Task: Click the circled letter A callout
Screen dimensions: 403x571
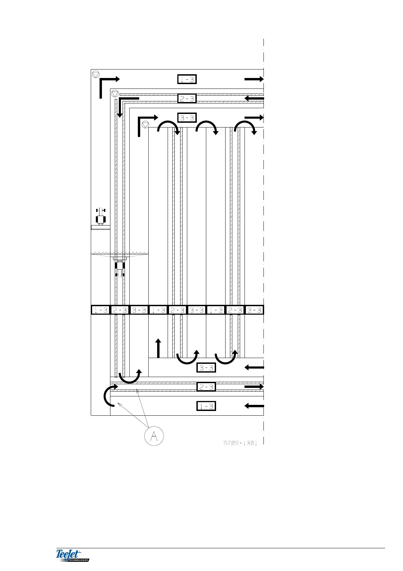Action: click(x=154, y=436)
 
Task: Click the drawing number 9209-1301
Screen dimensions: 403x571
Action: click(x=240, y=443)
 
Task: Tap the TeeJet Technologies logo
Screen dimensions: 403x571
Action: click(x=72, y=555)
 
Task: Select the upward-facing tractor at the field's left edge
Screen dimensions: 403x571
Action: click(x=101, y=217)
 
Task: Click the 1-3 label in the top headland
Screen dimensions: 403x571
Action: click(x=187, y=79)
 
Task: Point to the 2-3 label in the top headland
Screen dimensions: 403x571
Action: click(x=187, y=99)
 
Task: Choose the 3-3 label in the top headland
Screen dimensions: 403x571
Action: click(x=187, y=118)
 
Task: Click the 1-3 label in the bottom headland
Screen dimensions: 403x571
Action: click(x=206, y=406)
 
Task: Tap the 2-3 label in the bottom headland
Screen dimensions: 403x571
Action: click(x=206, y=387)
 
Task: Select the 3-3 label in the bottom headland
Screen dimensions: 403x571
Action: click(x=206, y=368)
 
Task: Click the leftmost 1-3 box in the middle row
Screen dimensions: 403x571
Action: click(x=101, y=310)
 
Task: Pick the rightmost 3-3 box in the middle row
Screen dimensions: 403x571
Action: click(x=254, y=310)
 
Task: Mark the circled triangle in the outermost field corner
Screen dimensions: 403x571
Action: click(x=96, y=74)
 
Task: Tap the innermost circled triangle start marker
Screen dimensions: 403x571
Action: click(x=145, y=124)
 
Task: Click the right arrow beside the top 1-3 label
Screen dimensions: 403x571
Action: click(x=254, y=79)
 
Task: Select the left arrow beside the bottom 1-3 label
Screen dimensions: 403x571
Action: click(x=254, y=406)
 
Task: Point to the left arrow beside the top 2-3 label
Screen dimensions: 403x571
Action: click(x=254, y=99)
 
